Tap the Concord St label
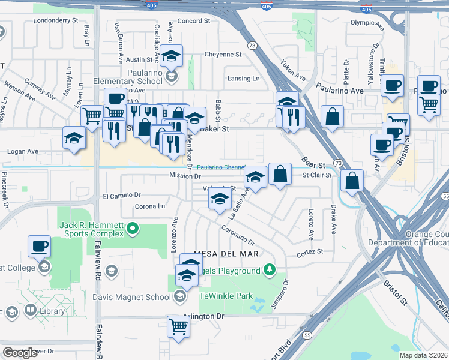coord(193,20)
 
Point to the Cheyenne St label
coord(223,54)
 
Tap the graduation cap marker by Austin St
coord(172,57)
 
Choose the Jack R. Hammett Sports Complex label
coord(91,229)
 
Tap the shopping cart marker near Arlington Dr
coord(179,326)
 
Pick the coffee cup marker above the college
coord(40,245)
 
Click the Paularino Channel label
coord(221,167)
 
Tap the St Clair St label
coord(316,175)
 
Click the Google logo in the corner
coord(20,353)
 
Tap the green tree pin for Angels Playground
coord(271,269)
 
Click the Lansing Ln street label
coord(243,79)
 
